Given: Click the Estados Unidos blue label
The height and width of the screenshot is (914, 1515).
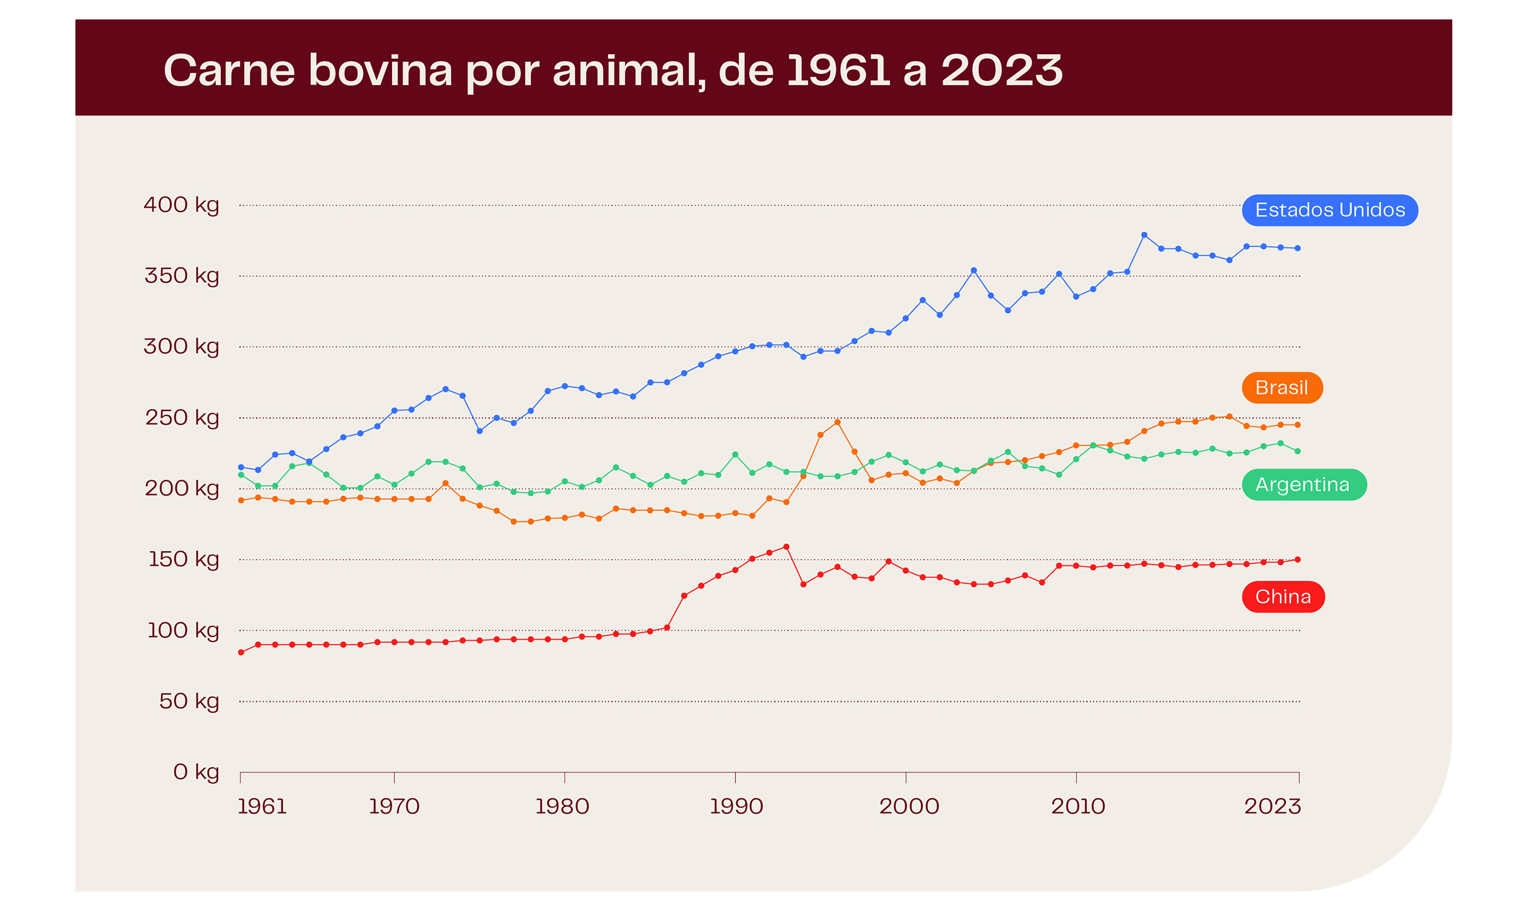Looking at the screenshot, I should point(1329,210).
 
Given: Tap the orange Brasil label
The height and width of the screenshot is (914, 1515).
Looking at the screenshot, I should point(1281,388).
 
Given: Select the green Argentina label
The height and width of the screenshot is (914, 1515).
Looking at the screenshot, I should point(1304,485).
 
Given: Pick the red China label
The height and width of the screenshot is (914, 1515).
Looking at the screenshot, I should point(1283,596).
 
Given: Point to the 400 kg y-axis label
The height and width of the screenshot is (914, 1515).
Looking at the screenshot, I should point(181,205).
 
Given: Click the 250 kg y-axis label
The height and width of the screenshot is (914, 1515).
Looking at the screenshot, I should point(182,418).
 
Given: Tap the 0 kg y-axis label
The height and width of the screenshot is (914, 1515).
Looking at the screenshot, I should point(196,772).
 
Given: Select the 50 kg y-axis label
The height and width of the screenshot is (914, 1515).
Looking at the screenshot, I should point(189,701).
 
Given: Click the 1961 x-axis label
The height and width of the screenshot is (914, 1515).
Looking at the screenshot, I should point(262,807).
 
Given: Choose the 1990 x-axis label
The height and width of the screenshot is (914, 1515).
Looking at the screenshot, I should point(736,807).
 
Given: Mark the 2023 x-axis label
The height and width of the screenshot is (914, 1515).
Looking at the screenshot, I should point(1272,807).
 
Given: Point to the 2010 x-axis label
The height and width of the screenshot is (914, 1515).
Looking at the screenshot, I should point(1078,807).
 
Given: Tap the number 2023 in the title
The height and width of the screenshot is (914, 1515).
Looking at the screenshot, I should point(1002,70).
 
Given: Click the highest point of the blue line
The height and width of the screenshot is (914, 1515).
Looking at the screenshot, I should point(1144,235).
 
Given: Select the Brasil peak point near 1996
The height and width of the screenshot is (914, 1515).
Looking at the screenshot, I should point(837,422).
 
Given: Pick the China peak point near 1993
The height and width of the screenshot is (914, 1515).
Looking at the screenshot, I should point(786,547).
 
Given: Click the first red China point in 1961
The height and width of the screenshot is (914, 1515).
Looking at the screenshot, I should point(241,652).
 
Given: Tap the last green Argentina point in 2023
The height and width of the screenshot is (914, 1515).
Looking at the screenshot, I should point(1297,451).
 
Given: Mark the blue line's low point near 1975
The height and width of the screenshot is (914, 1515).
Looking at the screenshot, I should point(480,431).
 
